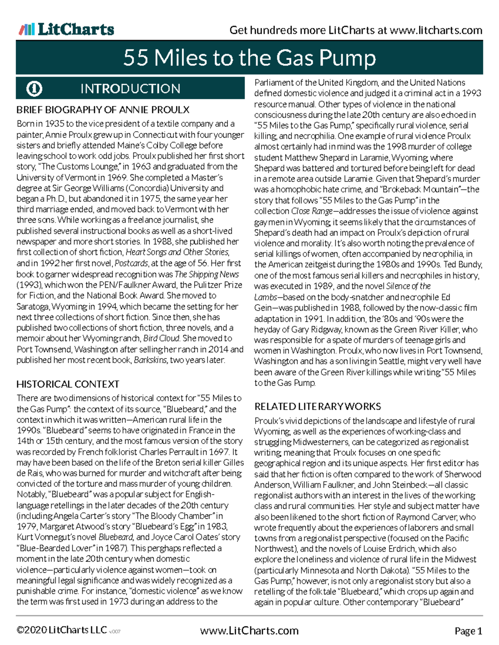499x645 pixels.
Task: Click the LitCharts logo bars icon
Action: pyautogui.click(x=26, y=29)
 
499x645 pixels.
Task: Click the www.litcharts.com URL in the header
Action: pyautogui.click(x=436, y=30)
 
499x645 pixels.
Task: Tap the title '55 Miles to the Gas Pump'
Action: pyautogui.click(x=249, y=58)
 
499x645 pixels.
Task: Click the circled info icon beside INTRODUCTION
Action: pyautogui.click(x=35, y=88)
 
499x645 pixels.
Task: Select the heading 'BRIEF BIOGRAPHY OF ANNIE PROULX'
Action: pyautogui.click(x=103, y=110)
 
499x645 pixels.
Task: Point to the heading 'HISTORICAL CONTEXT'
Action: pyautogui.click(x=68, y=384)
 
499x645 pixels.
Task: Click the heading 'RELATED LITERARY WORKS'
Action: pyautogui.click(x=318, y=407)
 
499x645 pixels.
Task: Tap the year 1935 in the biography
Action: pyautogui.click(x=54, y=124)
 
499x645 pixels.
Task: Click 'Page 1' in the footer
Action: pyautogui.click(x=468, y=631)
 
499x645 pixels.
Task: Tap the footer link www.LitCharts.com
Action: pyautogui.click(x=249, y=631)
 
